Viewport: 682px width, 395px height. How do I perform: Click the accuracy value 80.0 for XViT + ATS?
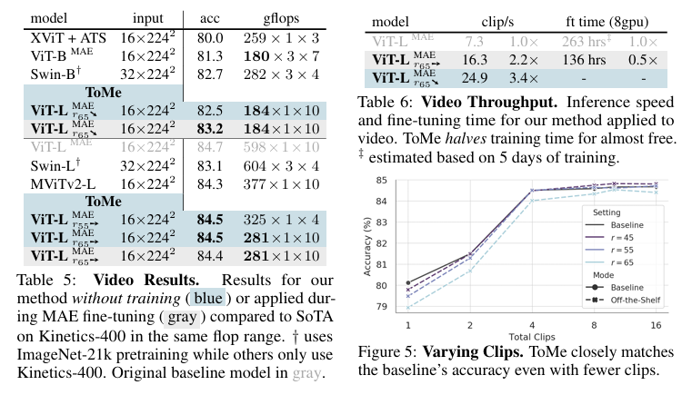pyautogui.click(x=210, y=38)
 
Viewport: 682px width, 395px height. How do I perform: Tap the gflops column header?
pyautogui.click(x=281, y=19)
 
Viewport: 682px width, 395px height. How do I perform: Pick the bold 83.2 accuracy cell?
pyautogui.click(x=210, y=129)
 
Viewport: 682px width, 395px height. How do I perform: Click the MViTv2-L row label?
pyautogui.click(x=63, y=184)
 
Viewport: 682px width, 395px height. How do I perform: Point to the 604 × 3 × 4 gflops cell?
pyautogui.click(x=281, y=166)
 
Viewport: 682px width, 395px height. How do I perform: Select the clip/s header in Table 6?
pyautogui.click(x=497, y=22)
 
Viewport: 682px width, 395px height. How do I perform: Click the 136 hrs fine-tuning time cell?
pyautogui.click(x=584, y=60)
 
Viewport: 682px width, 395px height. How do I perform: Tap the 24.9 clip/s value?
pyautogui.click(x=474, y=78)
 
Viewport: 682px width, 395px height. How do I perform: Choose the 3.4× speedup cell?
pyautogui.click(x=524, y=78)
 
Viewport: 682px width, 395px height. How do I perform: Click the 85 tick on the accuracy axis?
pyautogui.click(x=381, y=180)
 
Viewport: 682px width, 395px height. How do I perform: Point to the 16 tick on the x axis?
pyautogui.click(x=656, y=325)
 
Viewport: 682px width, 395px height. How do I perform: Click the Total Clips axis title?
pyautogui.click(x=532, y=337)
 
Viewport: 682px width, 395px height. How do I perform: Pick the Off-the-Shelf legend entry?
pyautogui.click(x=623, y=300)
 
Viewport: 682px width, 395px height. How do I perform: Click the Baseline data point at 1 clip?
pyautogui.click(x=408, y=283)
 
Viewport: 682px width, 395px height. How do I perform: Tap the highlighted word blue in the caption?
pyautogui.click(x=208, y=299)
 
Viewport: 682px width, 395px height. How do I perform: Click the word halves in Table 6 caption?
pyautogui.click(x=466, y=139)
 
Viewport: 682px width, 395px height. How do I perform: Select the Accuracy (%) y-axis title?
pyautogui.click(x=367, y=246)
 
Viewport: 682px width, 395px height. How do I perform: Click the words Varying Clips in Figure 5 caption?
pyautogui.click(x=473, y=351)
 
